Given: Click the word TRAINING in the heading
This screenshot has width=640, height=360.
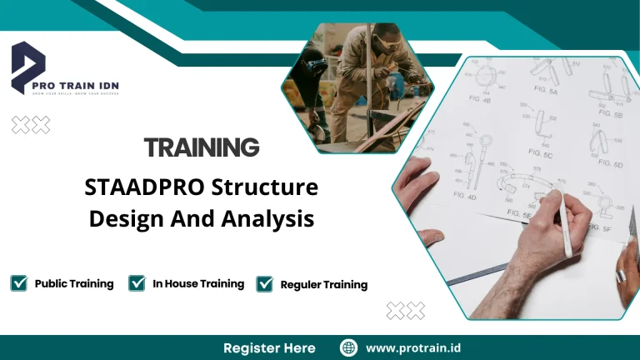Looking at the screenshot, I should tap(202, 148).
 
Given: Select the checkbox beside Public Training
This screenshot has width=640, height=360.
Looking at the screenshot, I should tap(19, 283).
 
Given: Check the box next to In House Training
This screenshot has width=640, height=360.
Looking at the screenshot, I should tap(137, 283).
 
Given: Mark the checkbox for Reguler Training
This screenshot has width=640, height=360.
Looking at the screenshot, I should tap(265, 284).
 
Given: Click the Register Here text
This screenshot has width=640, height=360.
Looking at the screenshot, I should tap(269, 347).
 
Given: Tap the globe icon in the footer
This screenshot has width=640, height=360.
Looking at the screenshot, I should tap(349, 347).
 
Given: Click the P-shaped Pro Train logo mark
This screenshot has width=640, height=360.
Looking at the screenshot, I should tap(28, 65).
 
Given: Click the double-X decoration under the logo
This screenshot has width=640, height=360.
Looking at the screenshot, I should tap(30, 125).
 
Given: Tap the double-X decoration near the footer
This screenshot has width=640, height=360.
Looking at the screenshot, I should tap(405, 311).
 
